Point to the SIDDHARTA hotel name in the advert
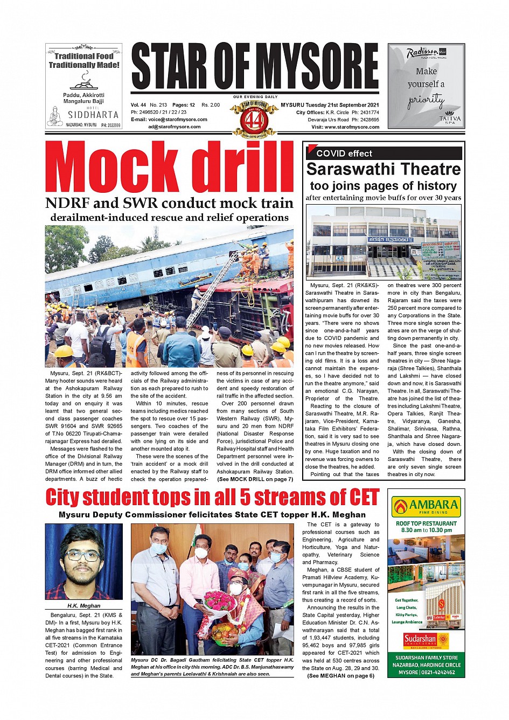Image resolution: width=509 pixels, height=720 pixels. click(x=93, y=115)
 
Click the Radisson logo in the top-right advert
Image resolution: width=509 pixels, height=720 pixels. click(x=423, y=53)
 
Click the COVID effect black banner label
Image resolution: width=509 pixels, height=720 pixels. click(x=344, y=153)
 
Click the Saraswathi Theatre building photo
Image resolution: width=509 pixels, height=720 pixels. click(x=383, y=241)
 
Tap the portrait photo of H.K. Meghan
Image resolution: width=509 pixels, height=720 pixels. click(x=83, y=562)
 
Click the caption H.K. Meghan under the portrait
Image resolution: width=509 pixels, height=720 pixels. click(x=83, y=606)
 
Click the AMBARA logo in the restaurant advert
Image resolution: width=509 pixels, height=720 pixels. click(x=426, y=506)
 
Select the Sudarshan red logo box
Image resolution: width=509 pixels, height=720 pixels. click(x=420, y=641)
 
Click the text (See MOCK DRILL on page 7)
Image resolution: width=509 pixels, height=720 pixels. click(x=255, y=479)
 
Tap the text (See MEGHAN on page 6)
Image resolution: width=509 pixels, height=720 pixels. click(x=340, y=676)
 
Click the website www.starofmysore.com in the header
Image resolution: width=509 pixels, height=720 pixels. click(x=353, y=127)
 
